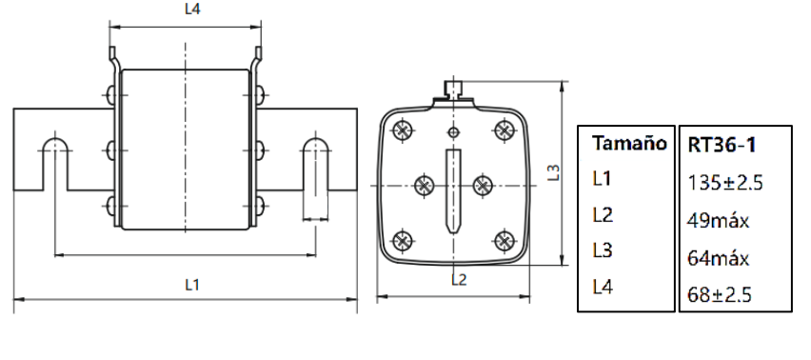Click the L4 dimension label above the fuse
[192, 10]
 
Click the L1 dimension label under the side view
[192, 284]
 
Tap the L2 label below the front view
[459, 279]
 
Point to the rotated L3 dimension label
[554, 172]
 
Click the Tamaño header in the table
[629, 143]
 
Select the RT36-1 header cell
[722, 145]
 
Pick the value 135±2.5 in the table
[725, 183]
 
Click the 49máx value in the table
[719, 221]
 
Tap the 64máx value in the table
[719, 257]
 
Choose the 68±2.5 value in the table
[720, 294]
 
